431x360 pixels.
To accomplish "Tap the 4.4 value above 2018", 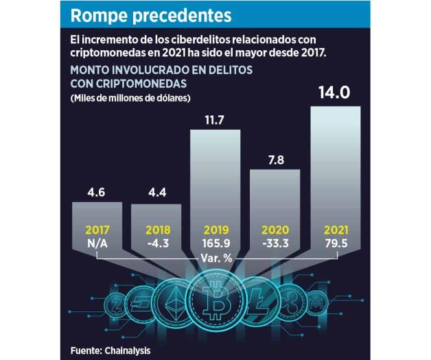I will [x=156, y=192].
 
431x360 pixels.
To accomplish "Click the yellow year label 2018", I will [x=156, y=232].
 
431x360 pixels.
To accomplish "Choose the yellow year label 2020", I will [x=275, y=232].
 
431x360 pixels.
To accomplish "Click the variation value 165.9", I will [x=215, y=243].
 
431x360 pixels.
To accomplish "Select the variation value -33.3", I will [x=275, y=243].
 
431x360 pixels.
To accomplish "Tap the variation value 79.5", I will [x=335, y=243].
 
